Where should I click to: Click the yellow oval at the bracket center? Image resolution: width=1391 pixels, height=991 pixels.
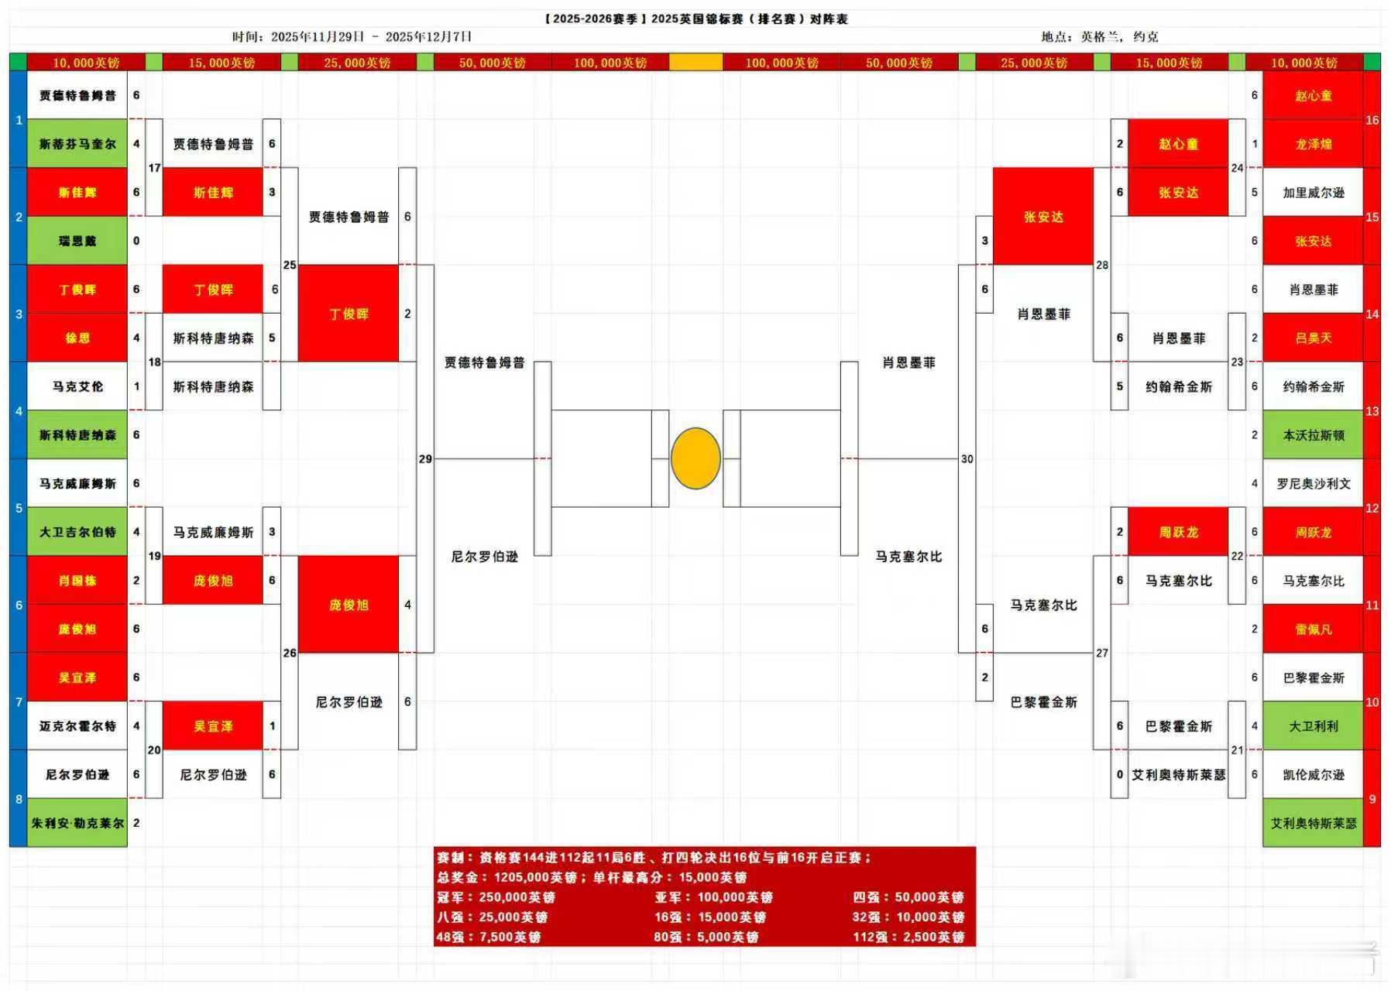[x=695, y=458]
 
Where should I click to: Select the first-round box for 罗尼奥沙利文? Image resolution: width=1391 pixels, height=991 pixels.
[x=1313, y=483]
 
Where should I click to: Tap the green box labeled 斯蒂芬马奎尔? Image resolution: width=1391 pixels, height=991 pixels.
[x=77, y=143]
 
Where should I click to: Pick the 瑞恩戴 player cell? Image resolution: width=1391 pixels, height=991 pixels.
[x=77, y=241]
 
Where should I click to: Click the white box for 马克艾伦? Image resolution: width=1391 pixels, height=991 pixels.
[x=77, y=386]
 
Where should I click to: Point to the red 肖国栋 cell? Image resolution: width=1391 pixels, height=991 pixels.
[x=77, y=580]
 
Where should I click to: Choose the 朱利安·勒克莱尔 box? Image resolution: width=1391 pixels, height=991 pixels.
[x=77, y=823]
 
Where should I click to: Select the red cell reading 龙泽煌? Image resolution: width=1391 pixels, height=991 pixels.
[x=1313, y=144]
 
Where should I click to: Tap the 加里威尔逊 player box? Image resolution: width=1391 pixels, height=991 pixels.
[x=1313, y=192]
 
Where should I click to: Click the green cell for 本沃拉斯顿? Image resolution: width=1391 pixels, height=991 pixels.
[x=1313, y=435]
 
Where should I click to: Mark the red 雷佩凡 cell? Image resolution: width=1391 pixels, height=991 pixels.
[x=1313, y=629]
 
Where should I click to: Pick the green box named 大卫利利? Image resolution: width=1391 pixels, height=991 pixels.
[x=1313, y=726]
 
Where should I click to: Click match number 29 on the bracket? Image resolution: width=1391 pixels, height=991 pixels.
[x=425, y=459]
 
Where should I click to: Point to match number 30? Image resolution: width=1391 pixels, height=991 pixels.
[x=967, y=459]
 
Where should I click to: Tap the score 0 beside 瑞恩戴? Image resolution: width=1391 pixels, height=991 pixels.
[x=136, y=241]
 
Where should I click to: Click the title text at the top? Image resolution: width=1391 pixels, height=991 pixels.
[x=695, y=19]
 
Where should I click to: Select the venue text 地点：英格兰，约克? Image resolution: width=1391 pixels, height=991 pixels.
[x=1099, y=36]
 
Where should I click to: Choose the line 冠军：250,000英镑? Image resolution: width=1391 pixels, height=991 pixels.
[x=496, y=897]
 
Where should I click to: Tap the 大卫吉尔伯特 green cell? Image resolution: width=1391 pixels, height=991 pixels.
[x=77, y=532]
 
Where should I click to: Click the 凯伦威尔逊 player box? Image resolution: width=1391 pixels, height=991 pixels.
[x=1313, y=774]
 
